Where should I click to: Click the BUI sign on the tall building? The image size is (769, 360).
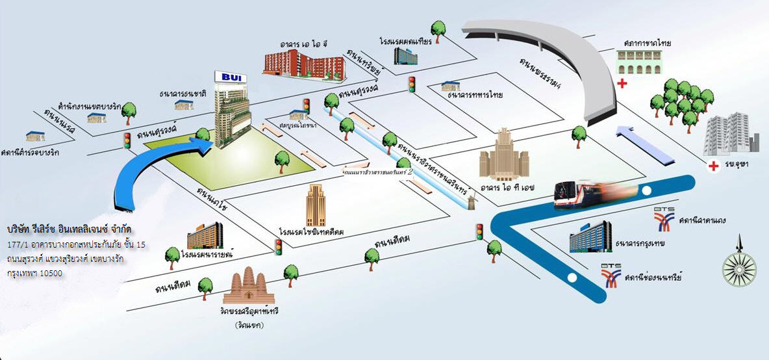[231, 77]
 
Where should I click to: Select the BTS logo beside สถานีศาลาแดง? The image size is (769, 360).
[663, 220]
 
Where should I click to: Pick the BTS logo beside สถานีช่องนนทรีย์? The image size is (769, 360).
[611, 276]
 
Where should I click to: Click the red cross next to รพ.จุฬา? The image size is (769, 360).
[714, 166]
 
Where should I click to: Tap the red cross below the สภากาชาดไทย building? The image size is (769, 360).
[623, 83]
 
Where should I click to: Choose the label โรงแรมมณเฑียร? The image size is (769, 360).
[405, 41]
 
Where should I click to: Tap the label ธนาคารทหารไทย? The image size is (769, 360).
[475, 95]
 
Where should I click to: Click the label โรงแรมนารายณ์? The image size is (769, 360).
[208, 255]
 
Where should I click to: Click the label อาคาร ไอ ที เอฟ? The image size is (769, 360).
[504, 187]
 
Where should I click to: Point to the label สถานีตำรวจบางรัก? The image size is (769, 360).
[31, 152]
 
